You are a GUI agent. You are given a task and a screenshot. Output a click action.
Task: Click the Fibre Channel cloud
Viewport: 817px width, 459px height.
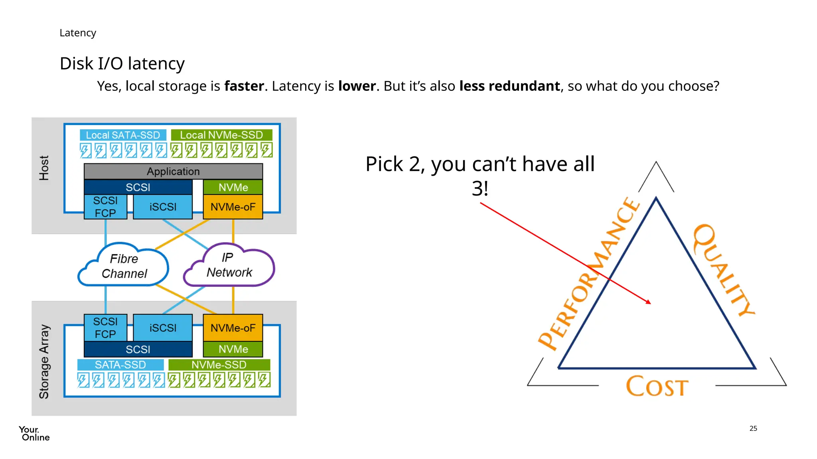pos(124,266)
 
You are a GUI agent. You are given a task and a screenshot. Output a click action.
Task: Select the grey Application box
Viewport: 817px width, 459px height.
pos(173,171)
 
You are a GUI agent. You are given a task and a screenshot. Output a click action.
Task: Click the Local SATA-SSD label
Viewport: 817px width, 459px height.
pos(123,135)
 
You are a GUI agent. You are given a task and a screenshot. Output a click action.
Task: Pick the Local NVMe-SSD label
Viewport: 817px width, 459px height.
pos(221,135)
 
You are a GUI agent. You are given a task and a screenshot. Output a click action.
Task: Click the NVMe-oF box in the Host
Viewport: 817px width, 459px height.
pos(233,207)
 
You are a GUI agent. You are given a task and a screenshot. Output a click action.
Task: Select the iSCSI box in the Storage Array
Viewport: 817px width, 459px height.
pos(163,328)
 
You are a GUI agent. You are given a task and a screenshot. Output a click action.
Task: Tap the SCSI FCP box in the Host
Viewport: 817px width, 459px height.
pos(105,207)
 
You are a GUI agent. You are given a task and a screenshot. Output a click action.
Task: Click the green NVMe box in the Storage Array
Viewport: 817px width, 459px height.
pos(233,349)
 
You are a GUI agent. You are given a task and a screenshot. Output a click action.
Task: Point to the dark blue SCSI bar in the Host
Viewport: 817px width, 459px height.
pos(138,187)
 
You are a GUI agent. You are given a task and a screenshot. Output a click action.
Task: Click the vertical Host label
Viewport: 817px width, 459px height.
pos(44,168)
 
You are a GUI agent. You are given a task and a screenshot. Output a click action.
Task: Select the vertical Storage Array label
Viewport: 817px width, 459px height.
pos(44,361)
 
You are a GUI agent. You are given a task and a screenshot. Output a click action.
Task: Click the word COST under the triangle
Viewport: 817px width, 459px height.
pos(657,386)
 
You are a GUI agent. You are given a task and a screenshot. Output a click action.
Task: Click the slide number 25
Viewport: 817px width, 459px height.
pos(753,428)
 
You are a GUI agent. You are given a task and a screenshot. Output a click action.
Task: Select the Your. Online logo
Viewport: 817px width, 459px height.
pos(34,433)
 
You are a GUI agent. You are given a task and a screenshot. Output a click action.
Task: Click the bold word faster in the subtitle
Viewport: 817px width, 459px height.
pos(244,86)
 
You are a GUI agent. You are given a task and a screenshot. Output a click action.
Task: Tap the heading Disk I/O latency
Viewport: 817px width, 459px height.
pos(122,63)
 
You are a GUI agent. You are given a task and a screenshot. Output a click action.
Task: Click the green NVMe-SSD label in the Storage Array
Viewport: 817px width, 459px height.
pos(219,365)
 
